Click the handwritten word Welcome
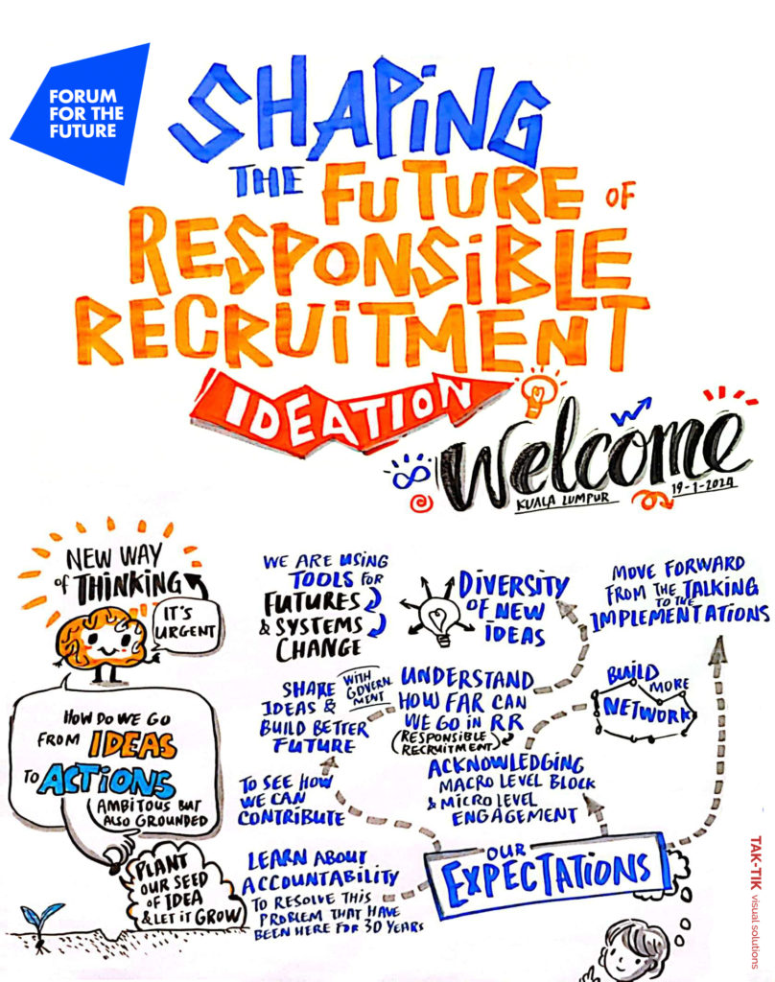(595, 459)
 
